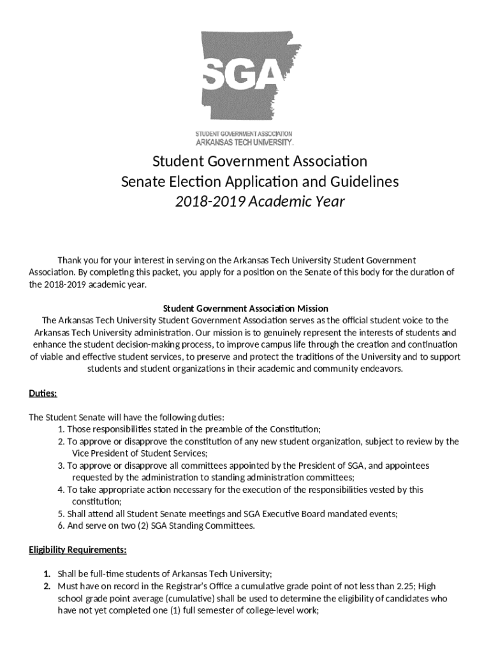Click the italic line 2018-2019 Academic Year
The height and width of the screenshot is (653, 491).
point(260,202)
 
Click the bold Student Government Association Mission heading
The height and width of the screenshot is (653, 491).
point(246,308)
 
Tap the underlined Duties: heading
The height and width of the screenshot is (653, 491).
point(43,393)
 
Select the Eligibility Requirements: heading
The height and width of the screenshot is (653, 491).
point(78,549)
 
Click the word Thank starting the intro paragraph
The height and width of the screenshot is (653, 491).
point(71,260)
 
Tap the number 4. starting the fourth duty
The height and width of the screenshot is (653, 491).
point(61,490)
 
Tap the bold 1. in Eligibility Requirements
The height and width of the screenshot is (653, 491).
point(47,573)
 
